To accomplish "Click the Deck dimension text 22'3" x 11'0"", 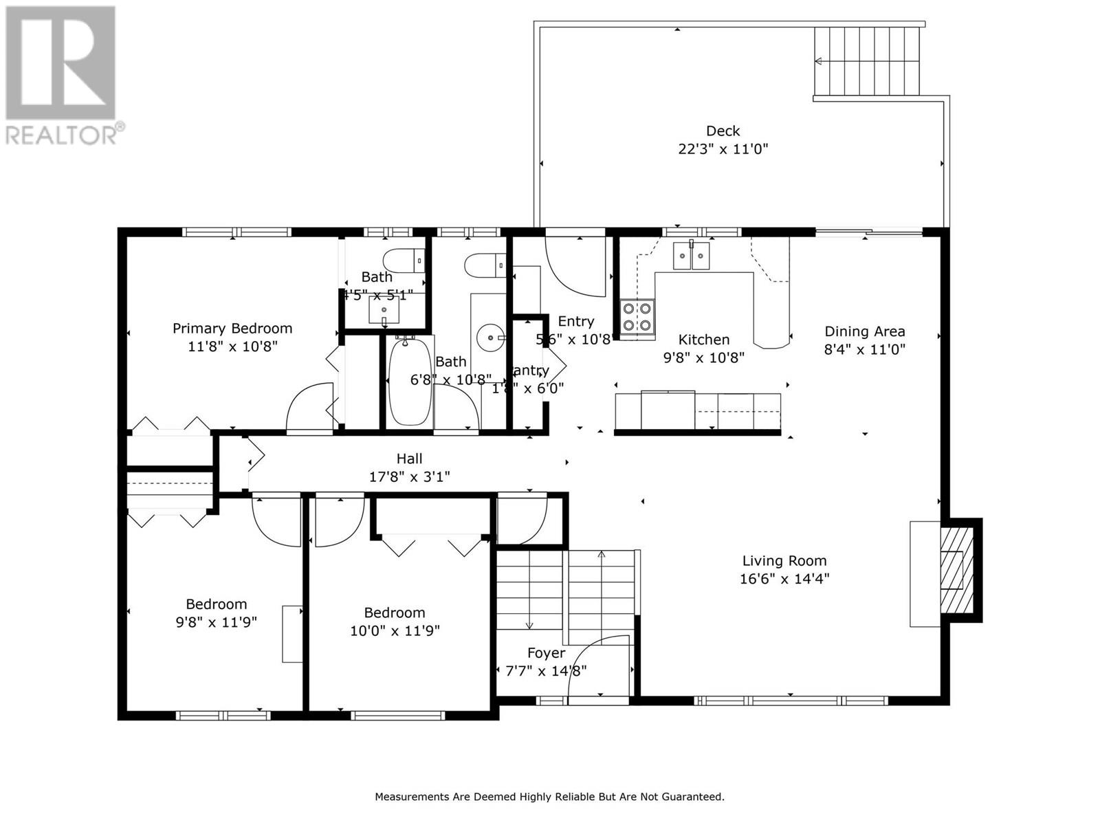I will (723, 148).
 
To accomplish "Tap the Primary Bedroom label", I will (232, 329).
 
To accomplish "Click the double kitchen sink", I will (691, 257).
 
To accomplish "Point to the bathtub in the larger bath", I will (410, 382).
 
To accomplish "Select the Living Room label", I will (784, 561).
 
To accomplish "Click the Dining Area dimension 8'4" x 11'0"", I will (864, 349).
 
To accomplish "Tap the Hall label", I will (409, 459).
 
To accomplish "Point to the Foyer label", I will (546, 653).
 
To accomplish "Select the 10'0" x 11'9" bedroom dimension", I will (394, 630).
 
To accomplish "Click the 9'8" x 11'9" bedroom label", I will (216, 604).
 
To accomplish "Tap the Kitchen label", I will (703, 340).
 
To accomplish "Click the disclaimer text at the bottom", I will (549, 797).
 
